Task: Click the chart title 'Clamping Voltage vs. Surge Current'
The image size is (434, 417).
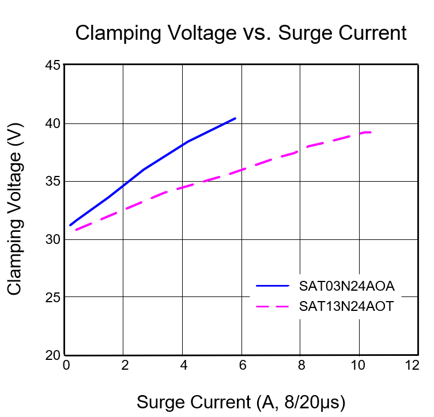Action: point(241,33)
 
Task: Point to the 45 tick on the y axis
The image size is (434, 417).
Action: point(53,65)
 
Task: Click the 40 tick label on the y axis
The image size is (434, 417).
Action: point(53,123)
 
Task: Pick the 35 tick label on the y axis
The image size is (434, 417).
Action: point(53,181)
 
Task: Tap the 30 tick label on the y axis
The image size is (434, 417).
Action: point(53,239)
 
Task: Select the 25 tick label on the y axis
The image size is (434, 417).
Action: point(53,297)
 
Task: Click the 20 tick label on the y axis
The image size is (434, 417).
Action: point(53,355)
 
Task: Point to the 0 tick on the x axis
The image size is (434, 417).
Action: point(66,365)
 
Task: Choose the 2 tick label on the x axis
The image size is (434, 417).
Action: point(124,365)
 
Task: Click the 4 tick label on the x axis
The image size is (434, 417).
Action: point(183,365)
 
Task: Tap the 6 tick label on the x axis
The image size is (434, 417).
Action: point(241,365)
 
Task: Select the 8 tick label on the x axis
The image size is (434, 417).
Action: point(300,365)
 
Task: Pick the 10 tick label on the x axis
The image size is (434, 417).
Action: point(359,365)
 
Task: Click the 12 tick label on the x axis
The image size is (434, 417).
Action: point(412,365)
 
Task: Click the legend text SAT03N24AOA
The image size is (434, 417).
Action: point(346,285)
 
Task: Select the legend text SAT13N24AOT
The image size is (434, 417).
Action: point(346,306)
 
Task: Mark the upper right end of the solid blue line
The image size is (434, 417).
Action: point(235,118)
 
